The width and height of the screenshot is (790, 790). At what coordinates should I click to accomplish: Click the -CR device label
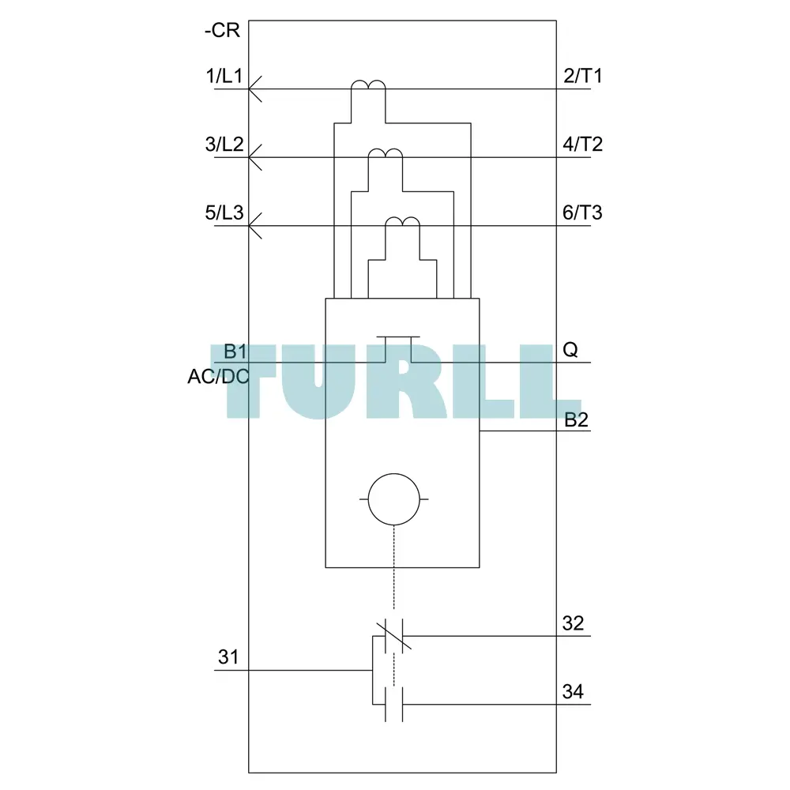tap(222, 30)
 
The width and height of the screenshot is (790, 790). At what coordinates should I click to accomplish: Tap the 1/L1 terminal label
tap(224, 76)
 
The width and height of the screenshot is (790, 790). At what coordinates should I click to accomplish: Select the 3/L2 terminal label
tap(224, 144)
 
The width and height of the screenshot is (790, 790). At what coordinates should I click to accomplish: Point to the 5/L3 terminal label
tap(224, 213)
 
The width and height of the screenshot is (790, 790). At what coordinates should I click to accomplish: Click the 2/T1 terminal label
tap(583, 76)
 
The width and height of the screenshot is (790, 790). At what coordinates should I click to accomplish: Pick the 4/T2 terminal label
tap(583, 144)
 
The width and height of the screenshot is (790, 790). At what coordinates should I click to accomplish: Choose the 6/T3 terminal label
tap(582, 213)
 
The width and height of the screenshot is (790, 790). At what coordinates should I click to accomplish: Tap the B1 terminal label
tap(235, 352)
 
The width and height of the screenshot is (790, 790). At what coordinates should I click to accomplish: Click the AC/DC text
tap(218, 376)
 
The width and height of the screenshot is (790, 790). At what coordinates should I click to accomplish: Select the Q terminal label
tap(570, 349)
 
